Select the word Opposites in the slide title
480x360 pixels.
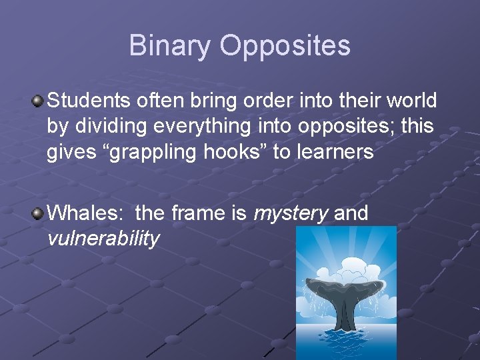point(285,45)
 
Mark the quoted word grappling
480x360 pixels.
point(157,152)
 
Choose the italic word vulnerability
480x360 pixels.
point(103,239)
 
